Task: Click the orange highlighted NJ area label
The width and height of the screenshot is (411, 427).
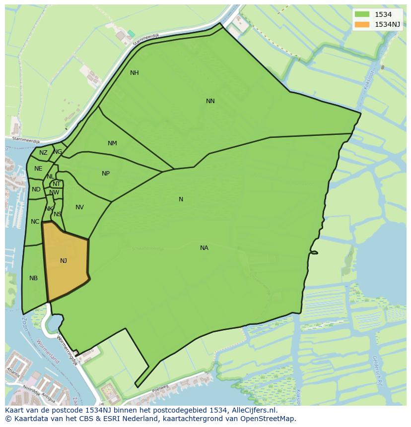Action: click(64, 261)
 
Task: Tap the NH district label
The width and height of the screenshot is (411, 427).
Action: click(135, 73)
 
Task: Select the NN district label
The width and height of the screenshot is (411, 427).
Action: click(210, 101)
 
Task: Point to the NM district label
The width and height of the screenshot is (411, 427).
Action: click(112, 143)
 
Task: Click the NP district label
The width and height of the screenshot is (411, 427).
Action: click(106, 174)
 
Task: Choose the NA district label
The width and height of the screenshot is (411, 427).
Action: click(204, 248)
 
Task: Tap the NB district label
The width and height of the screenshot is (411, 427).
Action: click(33, 278)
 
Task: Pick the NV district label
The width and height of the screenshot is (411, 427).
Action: click(79, 207)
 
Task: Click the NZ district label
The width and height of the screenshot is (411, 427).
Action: click(43, 153)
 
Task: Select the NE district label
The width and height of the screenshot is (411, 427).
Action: click(38, 169)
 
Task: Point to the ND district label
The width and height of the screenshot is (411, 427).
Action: click(36, 189)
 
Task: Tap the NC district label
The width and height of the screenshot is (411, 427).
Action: click(35, 222)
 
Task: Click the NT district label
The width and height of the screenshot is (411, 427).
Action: click(57, 184)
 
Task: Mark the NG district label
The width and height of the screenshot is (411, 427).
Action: click(58, 152)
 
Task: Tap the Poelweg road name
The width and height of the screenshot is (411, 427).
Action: click(160, 387)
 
